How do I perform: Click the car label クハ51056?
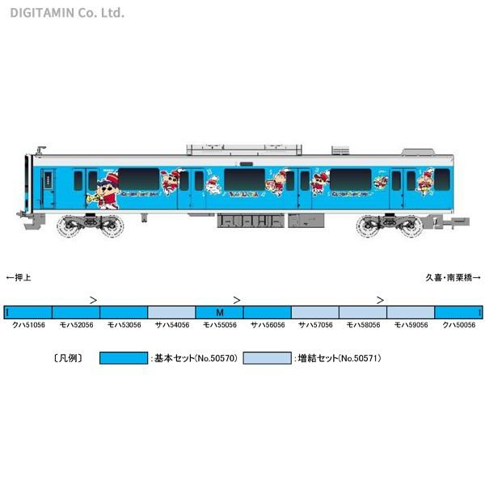pos(27,324)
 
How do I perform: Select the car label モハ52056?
pos(75,324)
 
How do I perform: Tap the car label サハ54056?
pos(171,324)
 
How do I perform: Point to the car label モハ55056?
pos(219,324)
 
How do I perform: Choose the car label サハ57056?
pos(315,324)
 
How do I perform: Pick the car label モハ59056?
pos(411,324)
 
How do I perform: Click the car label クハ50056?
pos(458,324)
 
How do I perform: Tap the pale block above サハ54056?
pos(171,312)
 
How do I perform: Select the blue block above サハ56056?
pos(267,312)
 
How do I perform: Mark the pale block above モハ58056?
pos(363,312)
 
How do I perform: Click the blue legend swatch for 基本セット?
pos(123,356)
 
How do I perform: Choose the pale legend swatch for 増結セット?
pos(266,356)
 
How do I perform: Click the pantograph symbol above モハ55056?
pos(237,299)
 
